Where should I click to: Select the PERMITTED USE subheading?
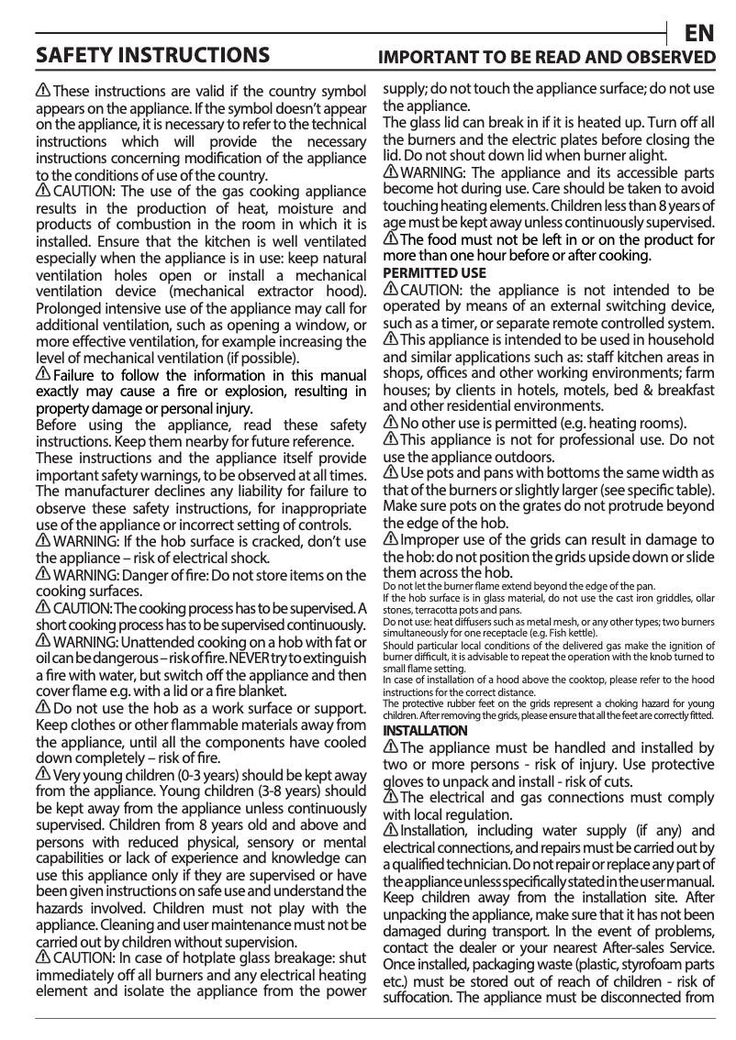pos(434,273)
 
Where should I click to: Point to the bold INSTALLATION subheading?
pos(425,730)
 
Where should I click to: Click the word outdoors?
pos(519,457)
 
